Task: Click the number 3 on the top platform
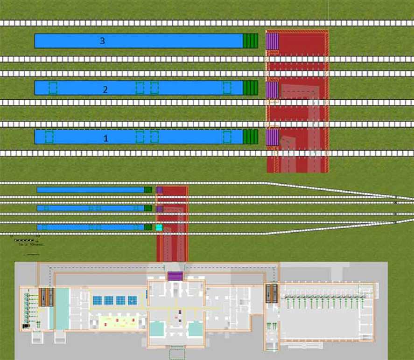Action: (102, 41)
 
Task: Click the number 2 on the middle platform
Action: (105, 90)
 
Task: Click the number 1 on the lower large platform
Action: (105, 138)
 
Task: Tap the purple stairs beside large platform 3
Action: (272, 41)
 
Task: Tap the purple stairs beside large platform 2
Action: (272, 90)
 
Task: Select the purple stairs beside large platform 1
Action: (272, 137)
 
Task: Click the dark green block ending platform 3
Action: (251, 41)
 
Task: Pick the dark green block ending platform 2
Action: (251, 88)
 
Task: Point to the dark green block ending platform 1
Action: (251, 137)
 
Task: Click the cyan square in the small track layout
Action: (159, 228)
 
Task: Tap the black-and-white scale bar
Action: (24, 241)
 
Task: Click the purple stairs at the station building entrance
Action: (175, 276)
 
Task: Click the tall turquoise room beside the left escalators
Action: (62, 308)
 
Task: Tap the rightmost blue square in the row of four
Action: (133, 300)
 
